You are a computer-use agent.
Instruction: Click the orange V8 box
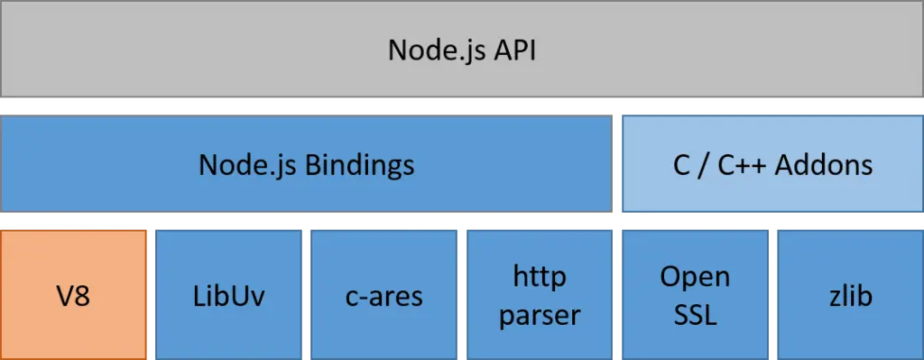pos(74,294)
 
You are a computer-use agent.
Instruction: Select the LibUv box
pos(229,294)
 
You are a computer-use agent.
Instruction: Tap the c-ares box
pos(384,294)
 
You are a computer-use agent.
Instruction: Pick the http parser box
pos(540,294)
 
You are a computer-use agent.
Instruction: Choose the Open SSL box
pos(695,294)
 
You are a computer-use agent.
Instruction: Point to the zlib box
pos(850,294)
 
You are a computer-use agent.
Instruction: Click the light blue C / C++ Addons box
pos(772,164)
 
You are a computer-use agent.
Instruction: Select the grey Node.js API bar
pos(462,49)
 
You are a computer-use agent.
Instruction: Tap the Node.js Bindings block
pos(307,164)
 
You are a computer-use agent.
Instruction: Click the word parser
pos(540,315)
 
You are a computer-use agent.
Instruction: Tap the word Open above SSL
pos(695,276)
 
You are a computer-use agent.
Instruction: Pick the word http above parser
pos(540,275)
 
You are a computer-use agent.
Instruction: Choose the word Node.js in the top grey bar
pos(431,50)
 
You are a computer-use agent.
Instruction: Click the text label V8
pos(74,295)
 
